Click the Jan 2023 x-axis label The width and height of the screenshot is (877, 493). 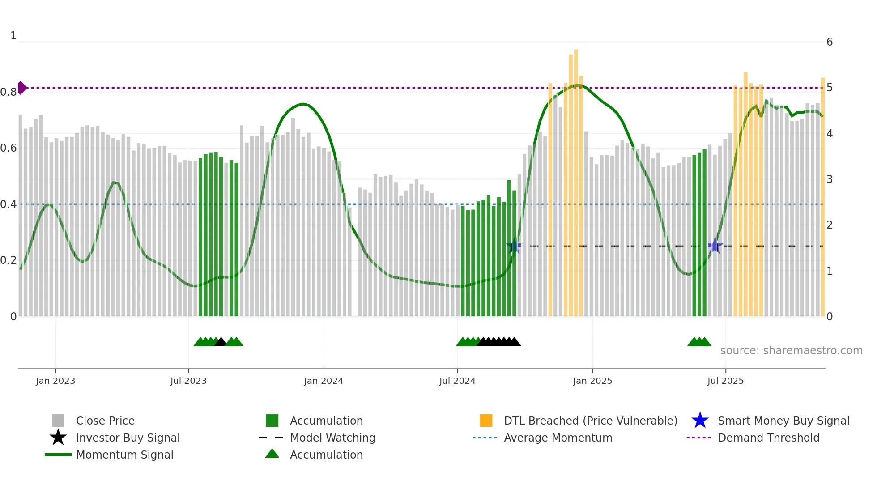click(x=55, y=381)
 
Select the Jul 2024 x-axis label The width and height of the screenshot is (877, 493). click(x=457, y=381)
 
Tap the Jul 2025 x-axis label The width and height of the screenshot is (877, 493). click(x=725, y=381)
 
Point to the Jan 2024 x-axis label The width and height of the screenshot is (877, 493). click(x=324, y=381)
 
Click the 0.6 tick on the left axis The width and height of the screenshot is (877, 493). click(x=9, y=148)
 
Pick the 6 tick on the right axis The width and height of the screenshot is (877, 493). click(x=830, y=42)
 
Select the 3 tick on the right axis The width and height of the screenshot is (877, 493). click(x=830, y=179)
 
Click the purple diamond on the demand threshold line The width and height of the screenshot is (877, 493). click(x=21, y=88)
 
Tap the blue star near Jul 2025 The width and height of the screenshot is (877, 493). click(x=715, y=246)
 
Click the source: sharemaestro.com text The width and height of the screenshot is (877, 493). click(x=791, y=351)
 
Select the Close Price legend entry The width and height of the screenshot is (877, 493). click(x=105, y=421)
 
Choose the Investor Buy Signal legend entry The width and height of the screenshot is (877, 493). click(x=128, y=438)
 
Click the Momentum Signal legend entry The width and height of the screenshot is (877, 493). click(x=124, y=455)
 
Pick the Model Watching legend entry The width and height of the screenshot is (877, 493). click(x=332, y=438)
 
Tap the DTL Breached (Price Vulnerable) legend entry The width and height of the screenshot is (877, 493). click(x=590, y=421)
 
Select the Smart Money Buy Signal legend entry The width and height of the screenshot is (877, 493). click(x=783, y=421)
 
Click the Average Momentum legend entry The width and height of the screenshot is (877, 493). click(x=558, y=438)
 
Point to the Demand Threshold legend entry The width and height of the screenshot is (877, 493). click(x=768, y=438)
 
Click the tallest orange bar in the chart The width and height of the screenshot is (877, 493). click(x=576, y=179)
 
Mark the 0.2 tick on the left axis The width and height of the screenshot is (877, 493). click(x=9, y=260)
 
